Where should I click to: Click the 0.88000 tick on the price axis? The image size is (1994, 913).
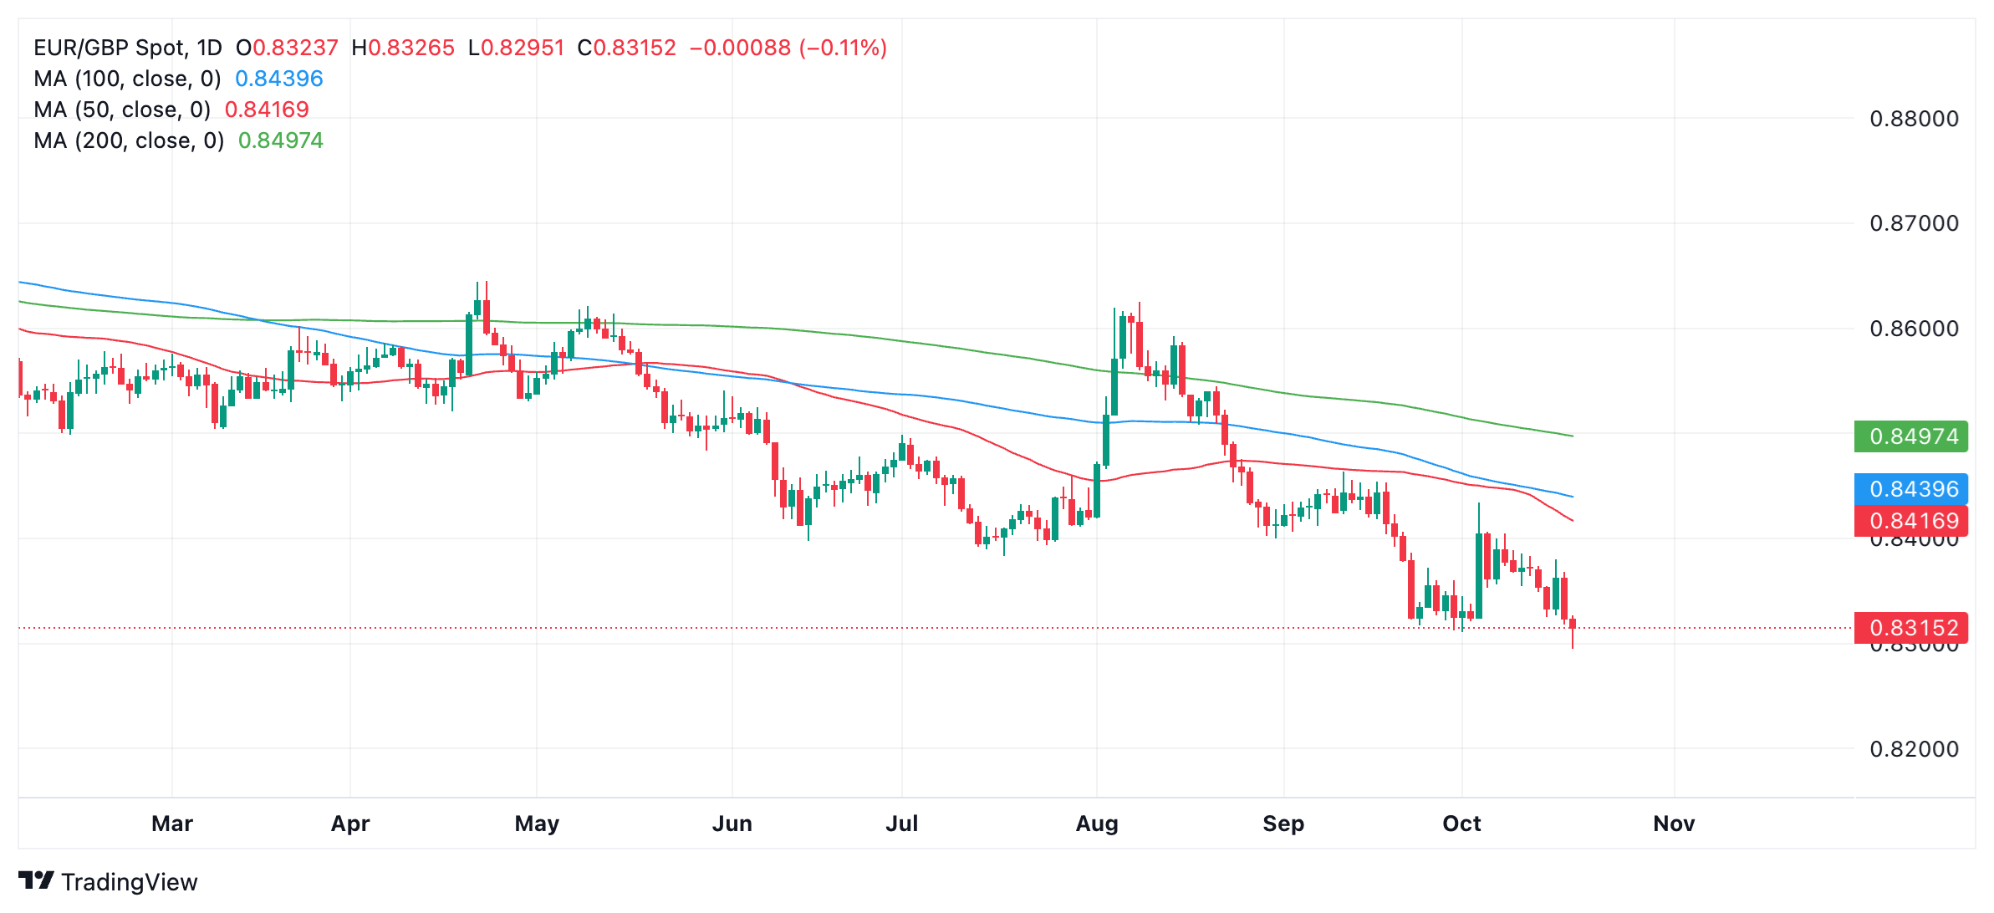tap(1914, 119)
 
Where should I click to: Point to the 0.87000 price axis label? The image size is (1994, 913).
tap(1914, 223)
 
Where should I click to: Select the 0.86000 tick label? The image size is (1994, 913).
tap(1914, 329)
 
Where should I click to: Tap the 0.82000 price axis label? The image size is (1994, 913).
tap(1914, 749)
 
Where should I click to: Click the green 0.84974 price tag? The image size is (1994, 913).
tap(1911, 436)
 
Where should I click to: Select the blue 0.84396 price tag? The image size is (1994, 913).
tap(1911, 489)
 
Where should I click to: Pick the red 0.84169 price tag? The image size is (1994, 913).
tap(1911, 521)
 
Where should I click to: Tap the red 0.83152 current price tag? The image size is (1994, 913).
tap(1911, 628)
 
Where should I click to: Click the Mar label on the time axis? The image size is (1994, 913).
tap(172, 824)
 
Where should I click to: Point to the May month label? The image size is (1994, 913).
tap(537, 824)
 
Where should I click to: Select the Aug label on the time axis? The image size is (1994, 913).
tap(1097, 824)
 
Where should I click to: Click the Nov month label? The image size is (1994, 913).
tap(1674, 824)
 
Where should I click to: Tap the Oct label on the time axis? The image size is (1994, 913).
tap(1461, 824)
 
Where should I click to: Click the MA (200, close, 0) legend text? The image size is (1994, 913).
tap(129, 140)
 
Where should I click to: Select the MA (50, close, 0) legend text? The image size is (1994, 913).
tap(122, 110)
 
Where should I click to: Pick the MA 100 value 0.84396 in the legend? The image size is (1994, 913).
tap(279, 79)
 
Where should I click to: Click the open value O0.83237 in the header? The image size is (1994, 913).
tap(287, 48)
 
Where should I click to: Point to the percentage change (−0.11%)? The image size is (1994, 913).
tap(843, 48)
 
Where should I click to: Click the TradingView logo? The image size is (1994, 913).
tap(108, 881)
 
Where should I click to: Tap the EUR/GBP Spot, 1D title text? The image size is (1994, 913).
tap(128, 48)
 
